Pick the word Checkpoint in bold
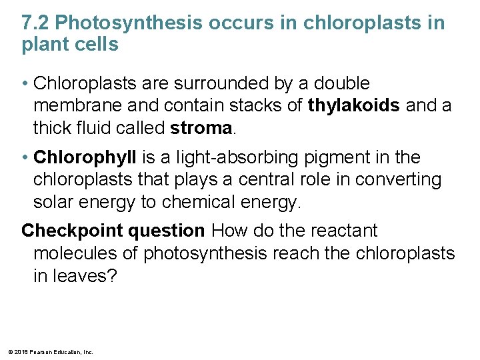pos(62,231)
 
